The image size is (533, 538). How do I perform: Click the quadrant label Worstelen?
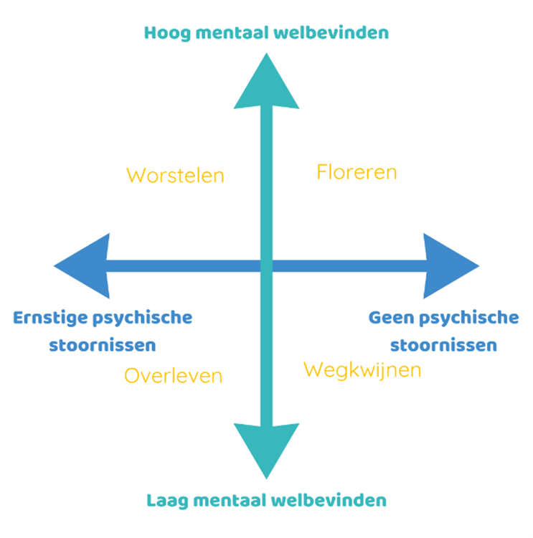tap(175, 175)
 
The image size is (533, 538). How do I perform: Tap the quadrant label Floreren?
tap(357, 172)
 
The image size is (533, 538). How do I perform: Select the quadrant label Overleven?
tap(173, 375)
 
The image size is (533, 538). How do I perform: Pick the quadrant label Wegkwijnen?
tap(362, 370)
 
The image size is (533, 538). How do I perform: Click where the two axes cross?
tap(267, 266)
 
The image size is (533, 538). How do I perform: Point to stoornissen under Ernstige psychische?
tap(103, 345)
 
